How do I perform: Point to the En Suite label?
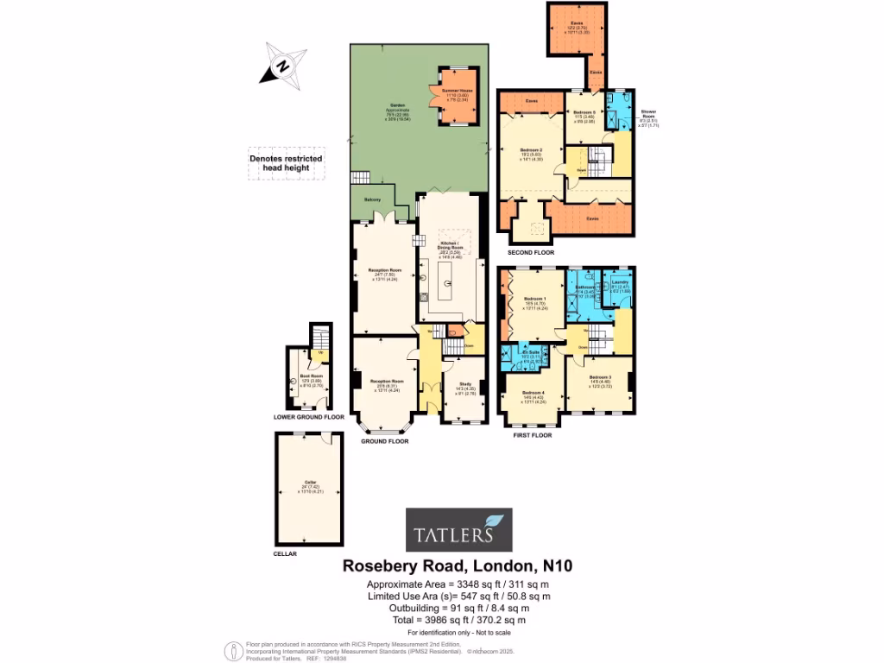(531, 352)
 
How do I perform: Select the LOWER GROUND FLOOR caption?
(308, 417)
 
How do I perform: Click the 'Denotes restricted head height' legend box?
(286, 164)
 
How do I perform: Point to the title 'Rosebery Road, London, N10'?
(458, 566)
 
